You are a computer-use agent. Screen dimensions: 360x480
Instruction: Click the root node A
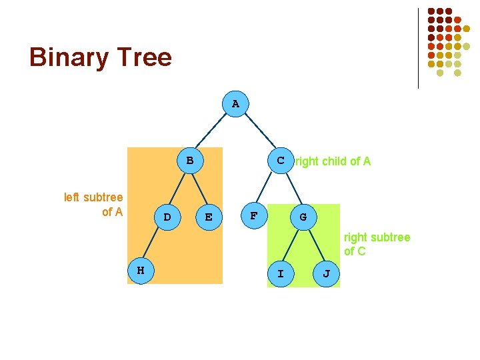[235, 104]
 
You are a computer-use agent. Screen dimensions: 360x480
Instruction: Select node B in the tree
[190, 161]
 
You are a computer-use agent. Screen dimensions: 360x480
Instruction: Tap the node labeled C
[281, 161]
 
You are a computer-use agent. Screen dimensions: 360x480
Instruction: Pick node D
[167, 217]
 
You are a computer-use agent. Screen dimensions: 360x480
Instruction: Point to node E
[209, 217]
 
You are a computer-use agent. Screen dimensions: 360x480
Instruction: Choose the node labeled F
[253, 217]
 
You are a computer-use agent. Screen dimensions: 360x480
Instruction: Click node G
[303, 217]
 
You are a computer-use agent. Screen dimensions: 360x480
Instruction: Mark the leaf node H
[140, 271]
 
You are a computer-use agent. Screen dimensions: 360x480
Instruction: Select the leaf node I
[281, 273]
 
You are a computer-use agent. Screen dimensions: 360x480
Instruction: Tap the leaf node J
[326, 273]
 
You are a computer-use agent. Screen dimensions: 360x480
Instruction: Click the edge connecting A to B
[213, 132]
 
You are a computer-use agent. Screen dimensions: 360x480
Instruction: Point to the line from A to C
[259, 132]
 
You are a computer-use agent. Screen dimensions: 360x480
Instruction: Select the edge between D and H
[154, 243]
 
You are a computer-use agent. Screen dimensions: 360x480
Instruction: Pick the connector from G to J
[315, 245]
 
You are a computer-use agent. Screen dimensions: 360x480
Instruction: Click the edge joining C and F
[267, 189]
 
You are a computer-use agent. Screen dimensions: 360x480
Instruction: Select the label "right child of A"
[333, 161]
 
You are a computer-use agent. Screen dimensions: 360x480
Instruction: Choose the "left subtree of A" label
[93, 205]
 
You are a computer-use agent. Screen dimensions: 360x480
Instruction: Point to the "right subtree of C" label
[377, 245]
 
